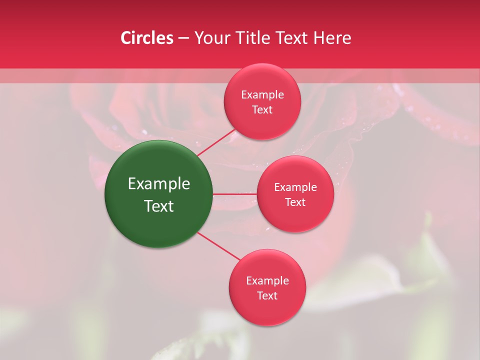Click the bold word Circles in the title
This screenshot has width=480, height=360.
pyautogui.click(x=147, y=38)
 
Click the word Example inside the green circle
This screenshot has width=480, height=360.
pyautogui.click(x=159, y=184)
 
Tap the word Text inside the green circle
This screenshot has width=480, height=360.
pyautogui.click(x=159, y=206)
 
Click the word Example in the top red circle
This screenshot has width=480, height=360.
pyautogui.click(x=262, y=95)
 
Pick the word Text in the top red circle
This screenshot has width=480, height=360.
pyautogui.click(x=262, y=110)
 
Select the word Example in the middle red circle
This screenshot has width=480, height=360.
pyautogui.click(x=295, y=187)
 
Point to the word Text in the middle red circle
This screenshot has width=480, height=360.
pyautogui.click(x=295, y=202)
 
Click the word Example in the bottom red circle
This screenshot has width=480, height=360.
pyautogui.click(x=267, y=281)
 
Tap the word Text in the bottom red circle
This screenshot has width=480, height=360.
pyautogui.click(x=267, y=296)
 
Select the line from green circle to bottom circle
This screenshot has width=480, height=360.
pyautogui.click(x=219, y=246)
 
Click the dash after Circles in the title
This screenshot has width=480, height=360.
pyautogui.click(x=183, y=38)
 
